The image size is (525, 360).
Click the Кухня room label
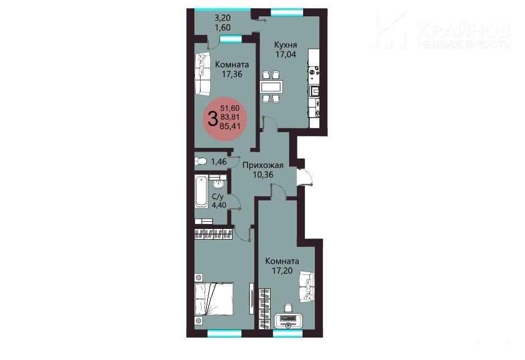[285, 44]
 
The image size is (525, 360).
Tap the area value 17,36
[232, 73]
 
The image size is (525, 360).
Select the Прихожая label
[263, 165]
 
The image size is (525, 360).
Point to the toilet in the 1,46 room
[201, 161]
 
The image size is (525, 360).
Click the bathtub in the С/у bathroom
[201, 191]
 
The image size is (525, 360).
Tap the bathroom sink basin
[219, 185]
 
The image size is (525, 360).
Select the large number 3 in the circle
[212, 119]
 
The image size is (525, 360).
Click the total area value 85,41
[230, 126]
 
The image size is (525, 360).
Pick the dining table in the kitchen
[272, 87]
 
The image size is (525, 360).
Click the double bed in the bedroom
[214, 299]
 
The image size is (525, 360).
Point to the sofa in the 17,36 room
[203, 74]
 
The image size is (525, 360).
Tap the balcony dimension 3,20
[222, 18]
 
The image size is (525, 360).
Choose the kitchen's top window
[287, 13]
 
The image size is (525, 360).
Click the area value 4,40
[219, 205]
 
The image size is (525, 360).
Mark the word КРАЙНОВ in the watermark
[464, 30]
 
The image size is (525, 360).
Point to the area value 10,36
[263, 174]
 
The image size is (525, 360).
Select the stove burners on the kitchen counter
[314, 71]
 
